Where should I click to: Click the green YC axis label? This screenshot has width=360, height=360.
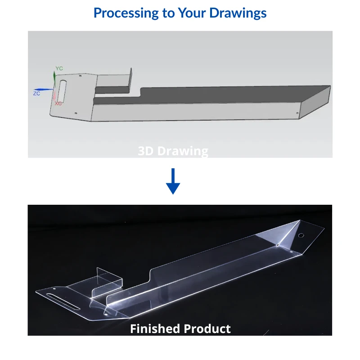tap(59, 68)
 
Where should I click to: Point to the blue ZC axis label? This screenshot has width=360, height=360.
tap(37, 93)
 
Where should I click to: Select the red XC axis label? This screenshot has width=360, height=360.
tap(58, 103)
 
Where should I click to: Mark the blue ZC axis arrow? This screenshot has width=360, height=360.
tap(45, 89)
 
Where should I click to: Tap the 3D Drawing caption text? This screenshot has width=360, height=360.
tap(173, 151)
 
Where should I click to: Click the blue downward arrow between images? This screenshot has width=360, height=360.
tap(173, 181)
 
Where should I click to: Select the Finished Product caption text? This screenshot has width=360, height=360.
tap(180, 328)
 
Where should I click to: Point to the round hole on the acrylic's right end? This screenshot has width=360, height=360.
tap(301, 235)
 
